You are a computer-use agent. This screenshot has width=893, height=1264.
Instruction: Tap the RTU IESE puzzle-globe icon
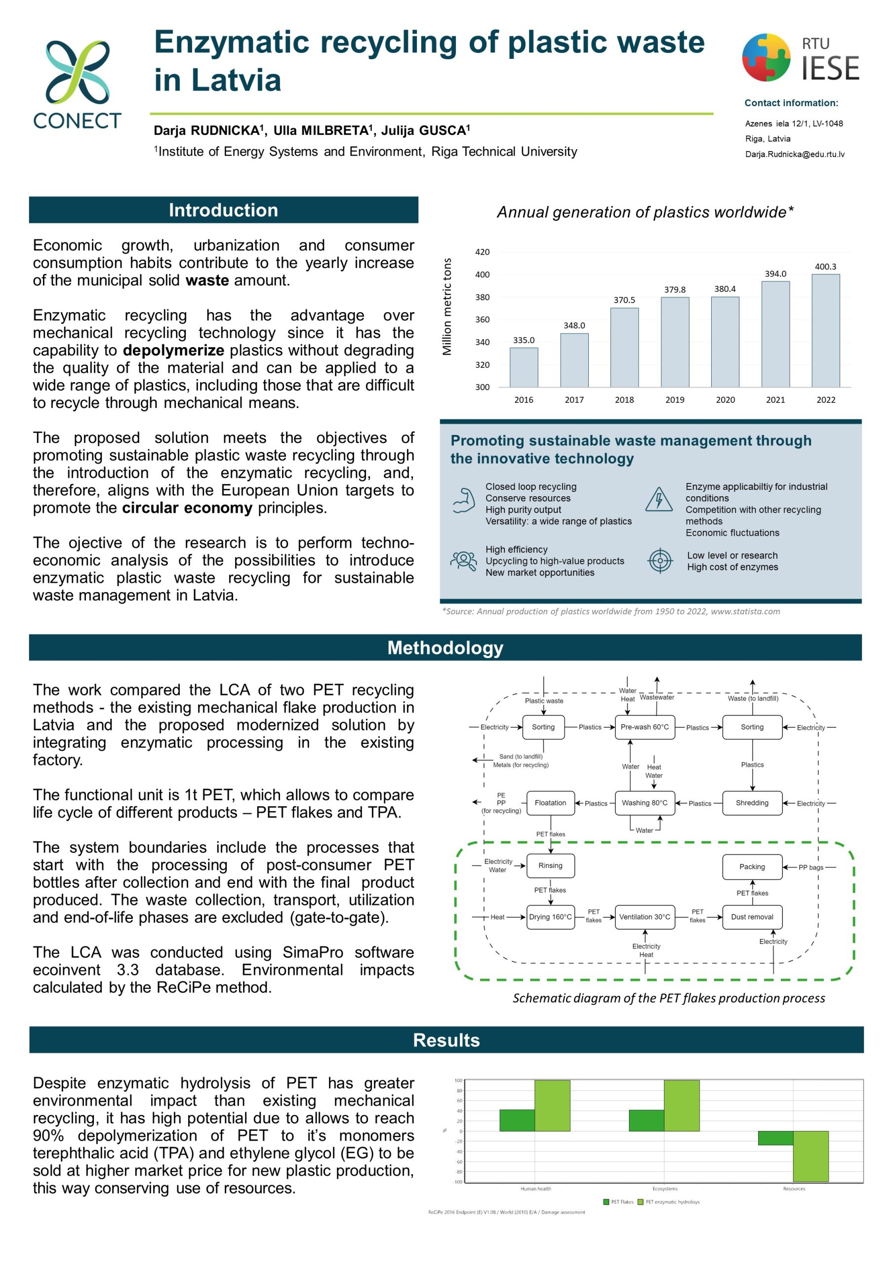point(766,57)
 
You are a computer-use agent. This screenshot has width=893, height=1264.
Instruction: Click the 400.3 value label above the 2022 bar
point(825,267)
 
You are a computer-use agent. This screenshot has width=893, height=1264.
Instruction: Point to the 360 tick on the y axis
point(482,319)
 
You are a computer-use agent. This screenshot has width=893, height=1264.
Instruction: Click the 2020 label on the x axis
point(725,399)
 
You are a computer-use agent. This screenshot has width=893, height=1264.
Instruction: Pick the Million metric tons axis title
point(446,306)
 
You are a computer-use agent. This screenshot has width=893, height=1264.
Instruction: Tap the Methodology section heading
point(445,647)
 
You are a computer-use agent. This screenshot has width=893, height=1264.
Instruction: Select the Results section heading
point(446,1040)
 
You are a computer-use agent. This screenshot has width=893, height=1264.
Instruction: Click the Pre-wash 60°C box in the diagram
point(644,727)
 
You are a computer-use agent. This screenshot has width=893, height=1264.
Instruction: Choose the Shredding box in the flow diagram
point(752,803)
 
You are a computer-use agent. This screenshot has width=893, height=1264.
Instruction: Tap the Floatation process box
point(550,803)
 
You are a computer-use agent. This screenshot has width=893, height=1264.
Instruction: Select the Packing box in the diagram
point(752,867)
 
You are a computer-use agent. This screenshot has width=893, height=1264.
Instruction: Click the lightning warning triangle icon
point(658,499)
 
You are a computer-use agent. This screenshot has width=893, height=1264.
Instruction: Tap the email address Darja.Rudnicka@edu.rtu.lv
point(794,154)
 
